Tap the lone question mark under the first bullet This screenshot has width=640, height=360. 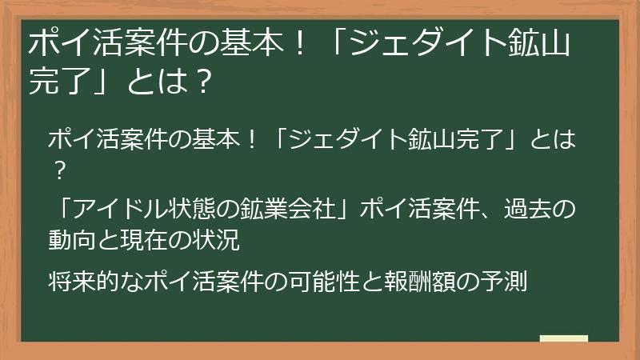point(58,169)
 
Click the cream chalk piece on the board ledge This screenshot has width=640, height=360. point(563,338)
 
